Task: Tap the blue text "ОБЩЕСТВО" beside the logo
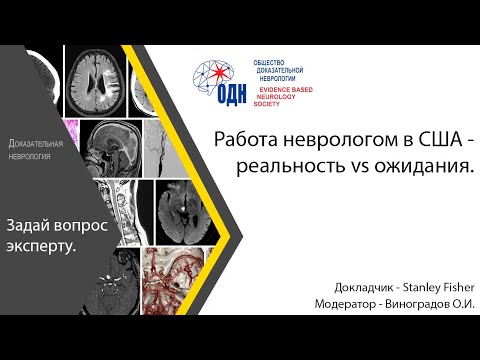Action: (x=268, y=62)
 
